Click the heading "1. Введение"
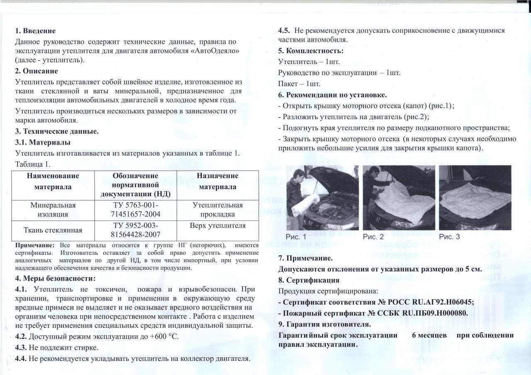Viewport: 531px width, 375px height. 35,31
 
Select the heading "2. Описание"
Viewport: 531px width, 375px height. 36,71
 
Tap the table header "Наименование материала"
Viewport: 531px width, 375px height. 53,181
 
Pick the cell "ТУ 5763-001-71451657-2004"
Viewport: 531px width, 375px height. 136,210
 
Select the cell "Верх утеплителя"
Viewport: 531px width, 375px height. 217,226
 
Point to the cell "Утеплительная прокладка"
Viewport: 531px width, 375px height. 217,210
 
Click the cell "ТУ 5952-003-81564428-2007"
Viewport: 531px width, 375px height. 136,230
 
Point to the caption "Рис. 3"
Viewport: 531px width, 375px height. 449,237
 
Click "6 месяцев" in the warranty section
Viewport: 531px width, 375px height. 429,335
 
